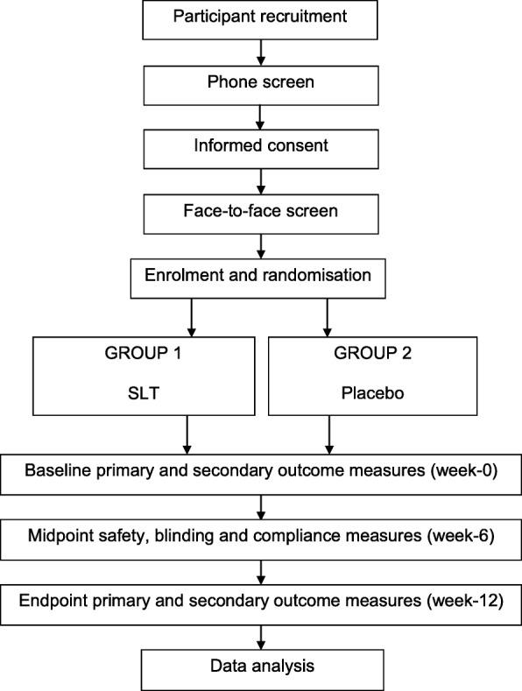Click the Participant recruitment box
coord(259,19)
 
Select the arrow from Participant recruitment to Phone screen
coord(259,54)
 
